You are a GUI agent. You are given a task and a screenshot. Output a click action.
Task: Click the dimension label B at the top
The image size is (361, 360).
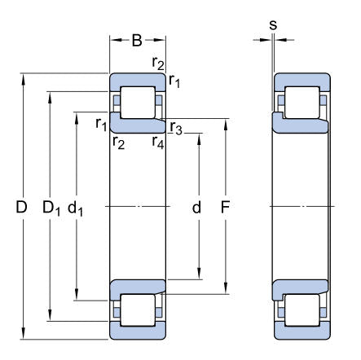pyautogui.click(x=137, y=40)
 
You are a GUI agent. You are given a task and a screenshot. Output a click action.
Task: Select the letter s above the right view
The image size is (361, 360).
pyautogui.click(x=273, y=24)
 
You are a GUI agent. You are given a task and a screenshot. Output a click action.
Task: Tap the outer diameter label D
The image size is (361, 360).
pyautogui.click(x=21, y=207)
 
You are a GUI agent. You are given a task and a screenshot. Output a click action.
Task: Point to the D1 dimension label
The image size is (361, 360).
pyautogui.click(x=51, y=209)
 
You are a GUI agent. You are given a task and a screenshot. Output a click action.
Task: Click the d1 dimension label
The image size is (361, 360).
pyautogui.click(x=75, y=209)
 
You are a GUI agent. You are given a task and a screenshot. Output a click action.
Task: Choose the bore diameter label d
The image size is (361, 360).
pyautogui.click(x=196, y=208)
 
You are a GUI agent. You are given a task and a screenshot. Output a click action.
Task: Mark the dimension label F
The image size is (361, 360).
pyautogui.click(x=225, y=207)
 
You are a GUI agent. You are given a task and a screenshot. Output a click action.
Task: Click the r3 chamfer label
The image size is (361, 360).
pyautogui.click(x=176, y=128)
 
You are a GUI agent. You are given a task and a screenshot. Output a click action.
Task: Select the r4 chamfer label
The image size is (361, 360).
pyautogui.click(x=158, y=143)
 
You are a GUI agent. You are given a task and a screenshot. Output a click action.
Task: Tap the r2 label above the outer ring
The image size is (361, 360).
pyautogui.click(x=158, y=64)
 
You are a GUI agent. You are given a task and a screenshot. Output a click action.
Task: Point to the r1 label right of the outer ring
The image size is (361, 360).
pyautogui.click(x=174, y=81)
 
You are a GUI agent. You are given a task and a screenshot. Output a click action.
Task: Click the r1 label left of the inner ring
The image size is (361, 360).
pyautogui.click(x=101, y=125)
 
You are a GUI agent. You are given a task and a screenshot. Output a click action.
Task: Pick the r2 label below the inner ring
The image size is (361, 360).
pyautogui.click(x=118, y=143)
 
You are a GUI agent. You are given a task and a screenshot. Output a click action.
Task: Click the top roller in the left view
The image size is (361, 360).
pyautogui.click(x=138, y=103)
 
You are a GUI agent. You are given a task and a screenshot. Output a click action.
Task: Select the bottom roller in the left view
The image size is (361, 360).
pyautogui.click(x=138, y=310)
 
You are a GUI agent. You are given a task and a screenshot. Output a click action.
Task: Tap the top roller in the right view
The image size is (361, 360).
pyautogui.click(x=302, y=103)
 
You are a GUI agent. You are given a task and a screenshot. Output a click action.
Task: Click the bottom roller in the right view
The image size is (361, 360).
pyautogui.click(x=302, y=310)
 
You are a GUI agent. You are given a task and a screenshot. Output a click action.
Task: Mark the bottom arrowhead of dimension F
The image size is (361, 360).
pyautogui.click(x=226, y=288)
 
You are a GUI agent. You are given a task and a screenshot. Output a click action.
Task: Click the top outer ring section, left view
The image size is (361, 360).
pyautogui.click(x=138, y=80)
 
